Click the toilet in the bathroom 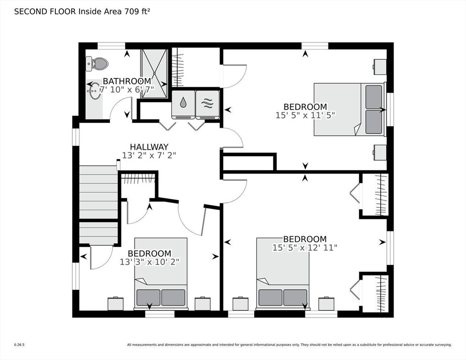(97, 64)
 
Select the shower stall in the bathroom (154, 74)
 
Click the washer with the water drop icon (183, 105)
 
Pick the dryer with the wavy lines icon (207, 105)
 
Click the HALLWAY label (149, 147)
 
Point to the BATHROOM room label (127, 81)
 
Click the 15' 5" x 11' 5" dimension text (305, 115)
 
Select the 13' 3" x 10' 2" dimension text (150, 262)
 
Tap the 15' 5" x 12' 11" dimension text (305, 247)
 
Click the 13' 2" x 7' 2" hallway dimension (149, 155)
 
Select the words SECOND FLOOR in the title (45, 12)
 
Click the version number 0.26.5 (19, 345)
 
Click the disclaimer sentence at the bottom (289, 345)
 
